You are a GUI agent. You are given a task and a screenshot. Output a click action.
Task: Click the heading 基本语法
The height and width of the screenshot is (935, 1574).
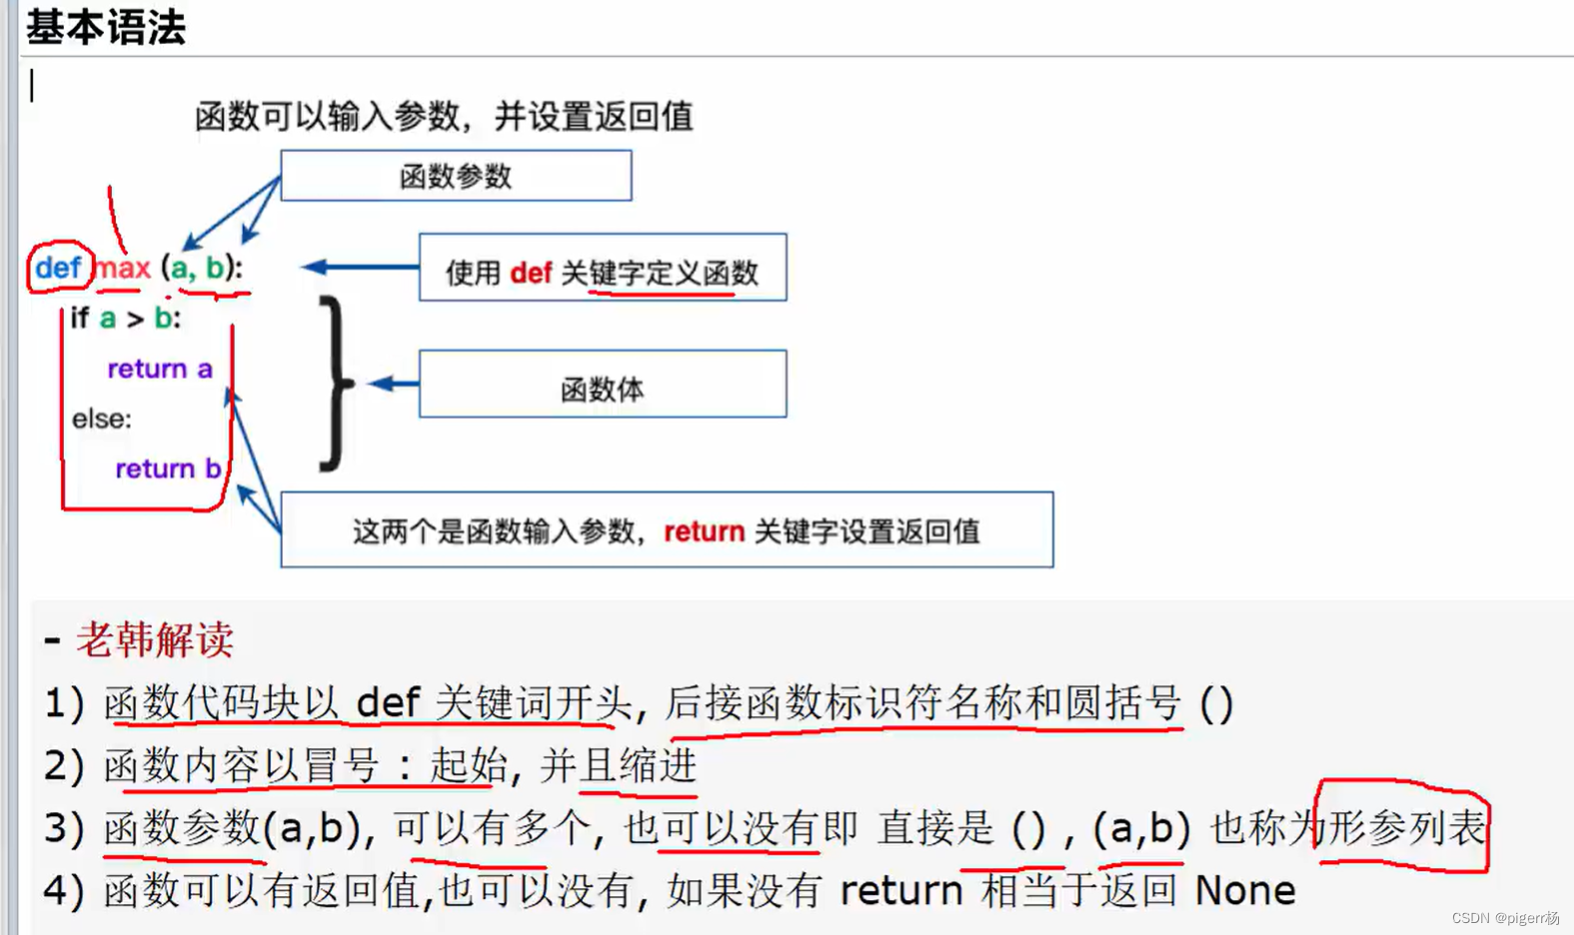coord(106,27)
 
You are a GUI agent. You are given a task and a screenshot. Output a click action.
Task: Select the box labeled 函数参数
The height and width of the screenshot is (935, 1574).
coord(456,176)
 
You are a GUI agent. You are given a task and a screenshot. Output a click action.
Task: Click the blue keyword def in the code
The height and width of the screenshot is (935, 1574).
coord(58,268)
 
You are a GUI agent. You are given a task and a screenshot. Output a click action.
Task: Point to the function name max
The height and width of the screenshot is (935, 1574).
coord(123,268)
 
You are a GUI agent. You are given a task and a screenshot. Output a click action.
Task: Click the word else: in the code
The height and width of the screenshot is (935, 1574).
coord(101,419)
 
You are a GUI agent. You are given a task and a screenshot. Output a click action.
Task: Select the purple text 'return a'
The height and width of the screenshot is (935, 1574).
coord(160,369)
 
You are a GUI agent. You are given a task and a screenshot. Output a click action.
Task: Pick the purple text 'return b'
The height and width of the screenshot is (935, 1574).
coord(167,468)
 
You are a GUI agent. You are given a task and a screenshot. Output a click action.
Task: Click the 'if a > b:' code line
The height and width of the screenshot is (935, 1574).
coord(125,319)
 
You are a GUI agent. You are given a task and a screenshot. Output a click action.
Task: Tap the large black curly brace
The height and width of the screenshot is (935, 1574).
coord(335,383)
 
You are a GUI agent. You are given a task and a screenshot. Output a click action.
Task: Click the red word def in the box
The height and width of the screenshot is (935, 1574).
coord(531,273)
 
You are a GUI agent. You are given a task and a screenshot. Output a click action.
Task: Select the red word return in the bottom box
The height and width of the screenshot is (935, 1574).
coord(704,531)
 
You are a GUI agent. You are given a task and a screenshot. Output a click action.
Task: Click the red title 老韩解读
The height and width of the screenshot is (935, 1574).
coord(155,640)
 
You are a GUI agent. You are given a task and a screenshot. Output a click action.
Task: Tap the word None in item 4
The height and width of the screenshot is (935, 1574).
coord(1244,890)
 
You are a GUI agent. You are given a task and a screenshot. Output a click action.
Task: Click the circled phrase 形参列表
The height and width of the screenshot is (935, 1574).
coord(1403,828)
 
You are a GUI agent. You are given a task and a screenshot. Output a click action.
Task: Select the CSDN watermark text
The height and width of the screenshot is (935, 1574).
coord(1504,918)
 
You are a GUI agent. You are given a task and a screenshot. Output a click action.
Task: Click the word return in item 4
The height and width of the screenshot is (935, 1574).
coord(900,890)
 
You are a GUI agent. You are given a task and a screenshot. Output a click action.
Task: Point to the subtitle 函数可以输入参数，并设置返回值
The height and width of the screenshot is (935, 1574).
coord(444,116)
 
